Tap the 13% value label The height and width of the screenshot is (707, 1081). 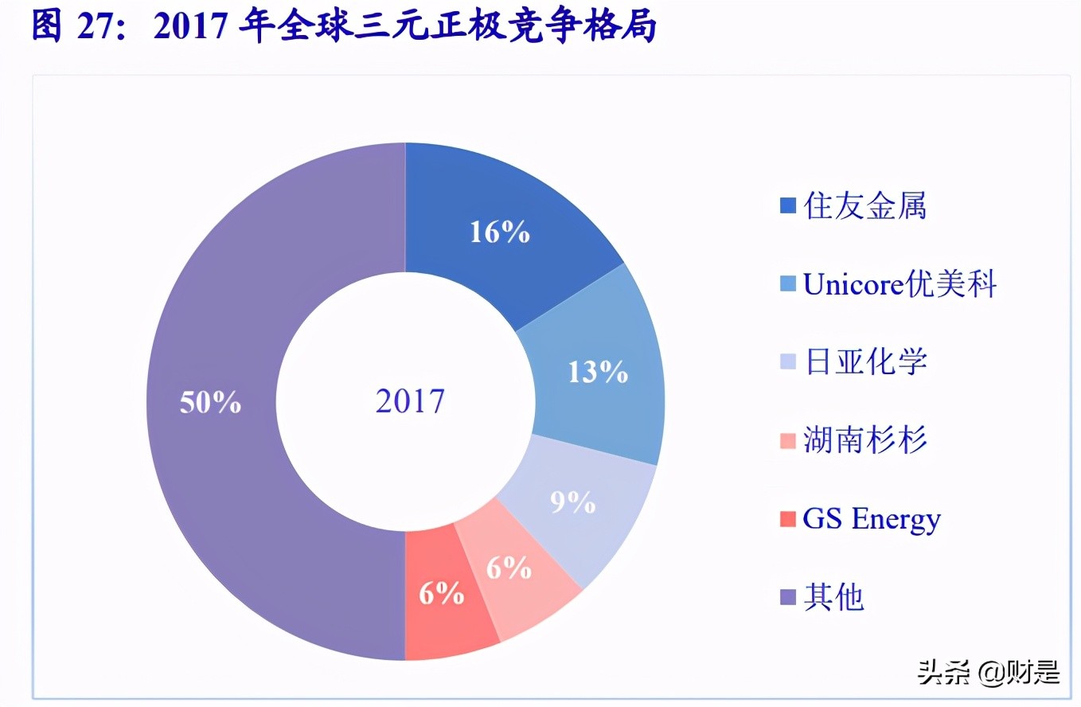(x=598, y=372)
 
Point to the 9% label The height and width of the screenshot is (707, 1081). (x=573, y=502)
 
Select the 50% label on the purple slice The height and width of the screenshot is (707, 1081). (x=210, y=402)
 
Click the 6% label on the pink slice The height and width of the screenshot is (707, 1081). (x=509, y=568)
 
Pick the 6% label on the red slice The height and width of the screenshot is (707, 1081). (x=441, y=593)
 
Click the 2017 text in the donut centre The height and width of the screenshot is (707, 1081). (x=410, y=400)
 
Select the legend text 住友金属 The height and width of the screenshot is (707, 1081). (x=865, y=206)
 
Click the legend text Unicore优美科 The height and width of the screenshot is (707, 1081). (x=900, y=284)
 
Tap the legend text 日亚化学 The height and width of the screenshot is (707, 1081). (x=865, y=362)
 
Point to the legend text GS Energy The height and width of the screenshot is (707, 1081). (x=872, y=519)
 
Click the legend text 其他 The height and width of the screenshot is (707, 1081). (x=833, y=597)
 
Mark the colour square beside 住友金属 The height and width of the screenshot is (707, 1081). (x=788, y=206)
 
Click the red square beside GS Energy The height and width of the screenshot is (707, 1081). (x=788, y=519)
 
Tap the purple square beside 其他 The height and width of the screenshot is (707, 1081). (x=788, y=597)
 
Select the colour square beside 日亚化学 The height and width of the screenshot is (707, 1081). (x=788, y=362)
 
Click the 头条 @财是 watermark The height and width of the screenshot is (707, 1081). (x=989, y=673)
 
